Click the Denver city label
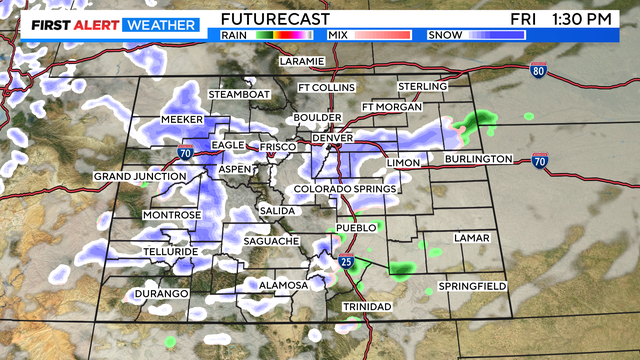coord(332,137)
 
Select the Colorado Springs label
coord(345,189)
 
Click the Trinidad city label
coord(367,306)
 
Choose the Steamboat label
coord(239,94)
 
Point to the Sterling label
coord(422,87)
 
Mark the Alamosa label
coord(284,285)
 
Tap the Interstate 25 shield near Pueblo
coord(345,262)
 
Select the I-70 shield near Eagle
coord(184,153)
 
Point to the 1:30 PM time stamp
coord(589,19)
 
